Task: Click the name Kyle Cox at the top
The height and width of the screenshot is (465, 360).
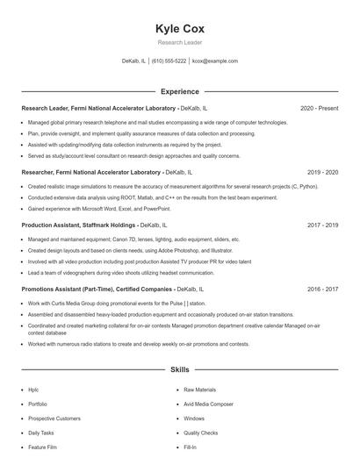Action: [179, 28]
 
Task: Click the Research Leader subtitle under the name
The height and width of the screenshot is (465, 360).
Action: [179, 42]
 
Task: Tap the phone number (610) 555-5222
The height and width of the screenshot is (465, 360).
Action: [169, 61]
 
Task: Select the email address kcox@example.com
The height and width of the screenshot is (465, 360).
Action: [215, 61]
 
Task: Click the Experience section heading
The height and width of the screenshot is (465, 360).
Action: [179, 91]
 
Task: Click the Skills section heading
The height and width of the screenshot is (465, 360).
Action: [179, 371]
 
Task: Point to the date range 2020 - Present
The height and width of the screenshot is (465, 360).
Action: [319, 108]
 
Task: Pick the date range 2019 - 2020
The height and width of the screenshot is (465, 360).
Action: [322, 173]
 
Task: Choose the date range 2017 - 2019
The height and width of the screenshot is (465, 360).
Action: [322, 225]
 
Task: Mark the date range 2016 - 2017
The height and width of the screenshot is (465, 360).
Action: [322, 289]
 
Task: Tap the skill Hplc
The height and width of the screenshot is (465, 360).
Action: [33, 389]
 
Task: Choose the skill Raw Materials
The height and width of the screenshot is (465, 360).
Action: [200, 389]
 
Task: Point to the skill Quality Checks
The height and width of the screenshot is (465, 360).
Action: [201, 433]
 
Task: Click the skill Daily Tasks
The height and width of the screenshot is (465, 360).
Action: [41, 433]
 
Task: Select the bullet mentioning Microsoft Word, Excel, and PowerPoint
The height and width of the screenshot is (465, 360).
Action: [98, 209]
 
